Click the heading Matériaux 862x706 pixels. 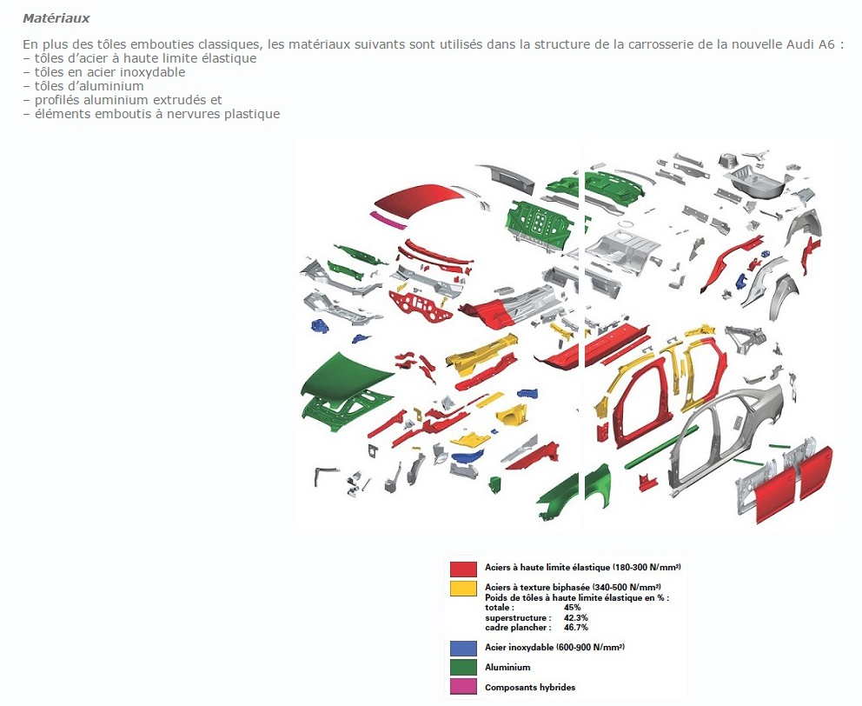[56, 18]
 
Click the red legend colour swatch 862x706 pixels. [463, 569]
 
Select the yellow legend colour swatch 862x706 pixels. [463, 589]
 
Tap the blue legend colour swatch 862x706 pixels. [463, 649]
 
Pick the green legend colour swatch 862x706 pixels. [463, 668]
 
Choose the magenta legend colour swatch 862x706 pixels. [463, 687]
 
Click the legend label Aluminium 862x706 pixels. [507, 668]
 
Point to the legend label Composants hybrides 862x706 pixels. [530, 687]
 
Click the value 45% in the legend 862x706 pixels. [573, 608]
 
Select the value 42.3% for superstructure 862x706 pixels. [575, 617]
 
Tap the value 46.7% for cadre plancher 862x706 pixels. [575, 627]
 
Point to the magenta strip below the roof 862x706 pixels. [388, 220]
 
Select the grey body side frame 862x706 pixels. [726, 440]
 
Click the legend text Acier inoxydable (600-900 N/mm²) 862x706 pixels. [554, 647]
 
